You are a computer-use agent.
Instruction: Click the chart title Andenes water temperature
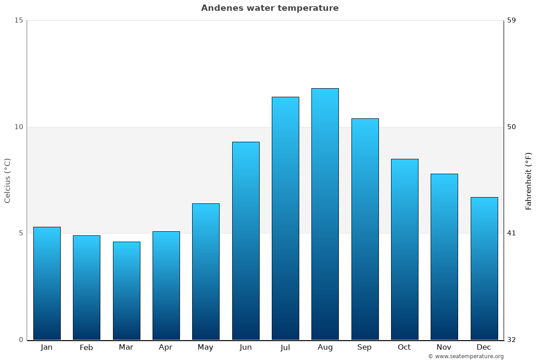point(270,8)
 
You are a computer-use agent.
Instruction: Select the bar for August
point(325,214)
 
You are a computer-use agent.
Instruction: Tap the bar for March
point(126,291)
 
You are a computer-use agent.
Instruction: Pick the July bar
point(285,218)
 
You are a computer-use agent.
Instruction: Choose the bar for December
point(484,268)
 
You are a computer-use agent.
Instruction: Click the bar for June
point(246,241)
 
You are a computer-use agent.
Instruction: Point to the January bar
point(47,283)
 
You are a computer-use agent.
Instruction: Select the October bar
point(405,249)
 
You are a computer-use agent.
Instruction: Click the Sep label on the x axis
point(364,347)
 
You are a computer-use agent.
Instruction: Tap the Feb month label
point(86,347)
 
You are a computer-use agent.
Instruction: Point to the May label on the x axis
point(206,347)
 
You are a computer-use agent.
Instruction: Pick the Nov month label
point(444,347)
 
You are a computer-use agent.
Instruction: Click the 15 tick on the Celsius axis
point(18,20)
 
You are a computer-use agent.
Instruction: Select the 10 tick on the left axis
point(18,127)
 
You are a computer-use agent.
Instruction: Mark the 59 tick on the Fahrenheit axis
point(512,20)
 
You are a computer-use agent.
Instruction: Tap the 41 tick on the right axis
point(512,233)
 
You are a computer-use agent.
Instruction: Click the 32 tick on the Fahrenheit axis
point(512,340)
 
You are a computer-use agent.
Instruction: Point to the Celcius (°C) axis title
point(8,180)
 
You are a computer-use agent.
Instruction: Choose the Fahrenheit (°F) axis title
point(529,181)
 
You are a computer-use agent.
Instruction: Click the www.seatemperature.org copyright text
point(466,356)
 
